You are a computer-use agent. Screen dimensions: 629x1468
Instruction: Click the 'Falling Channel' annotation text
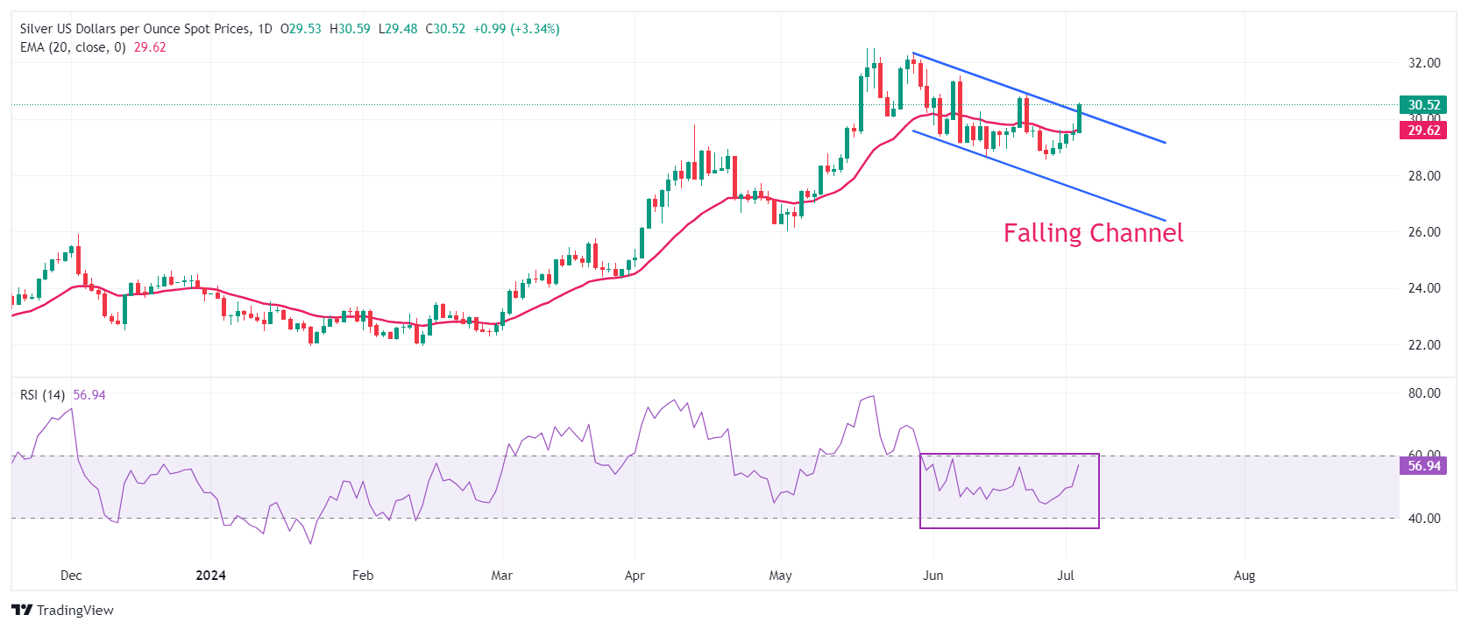pos(1093,233)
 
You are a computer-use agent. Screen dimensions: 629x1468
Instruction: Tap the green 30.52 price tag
pos(1423,105)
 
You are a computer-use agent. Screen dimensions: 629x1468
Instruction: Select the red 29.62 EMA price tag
pos(1423,131)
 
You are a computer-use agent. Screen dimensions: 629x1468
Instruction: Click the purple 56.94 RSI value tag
pos(1423,466)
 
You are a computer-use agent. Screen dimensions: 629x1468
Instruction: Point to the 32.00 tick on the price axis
pos(1424,63)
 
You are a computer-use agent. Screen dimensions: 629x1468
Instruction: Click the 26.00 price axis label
pos(1424,232)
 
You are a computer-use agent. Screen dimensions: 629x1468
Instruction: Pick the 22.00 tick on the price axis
pos(1424,345)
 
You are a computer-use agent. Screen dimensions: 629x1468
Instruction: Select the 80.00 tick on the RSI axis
pos(1424,393)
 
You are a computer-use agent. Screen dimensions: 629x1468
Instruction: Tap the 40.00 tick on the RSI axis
pos(1424,519)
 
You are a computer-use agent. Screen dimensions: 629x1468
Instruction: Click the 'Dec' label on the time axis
pos(71,576)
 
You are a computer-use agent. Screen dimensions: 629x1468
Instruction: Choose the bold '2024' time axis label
pos(210,576)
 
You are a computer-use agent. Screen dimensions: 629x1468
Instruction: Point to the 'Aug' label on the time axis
pos(1244,576)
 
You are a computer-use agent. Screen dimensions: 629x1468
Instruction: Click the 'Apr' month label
pos(635,576)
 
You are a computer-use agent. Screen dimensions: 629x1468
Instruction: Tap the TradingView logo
pos(63,611)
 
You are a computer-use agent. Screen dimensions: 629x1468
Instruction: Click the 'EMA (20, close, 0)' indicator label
pos(73,47)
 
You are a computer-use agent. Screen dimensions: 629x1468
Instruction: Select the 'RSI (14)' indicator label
pos(42,395)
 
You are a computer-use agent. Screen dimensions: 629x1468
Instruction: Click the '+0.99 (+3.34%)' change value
pos(516,29)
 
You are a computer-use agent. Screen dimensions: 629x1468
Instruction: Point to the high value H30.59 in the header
pos(350,29)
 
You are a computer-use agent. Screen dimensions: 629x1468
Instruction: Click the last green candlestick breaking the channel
pos(1079,118)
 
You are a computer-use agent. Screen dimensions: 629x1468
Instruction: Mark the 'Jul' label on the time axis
pos(1066,576)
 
